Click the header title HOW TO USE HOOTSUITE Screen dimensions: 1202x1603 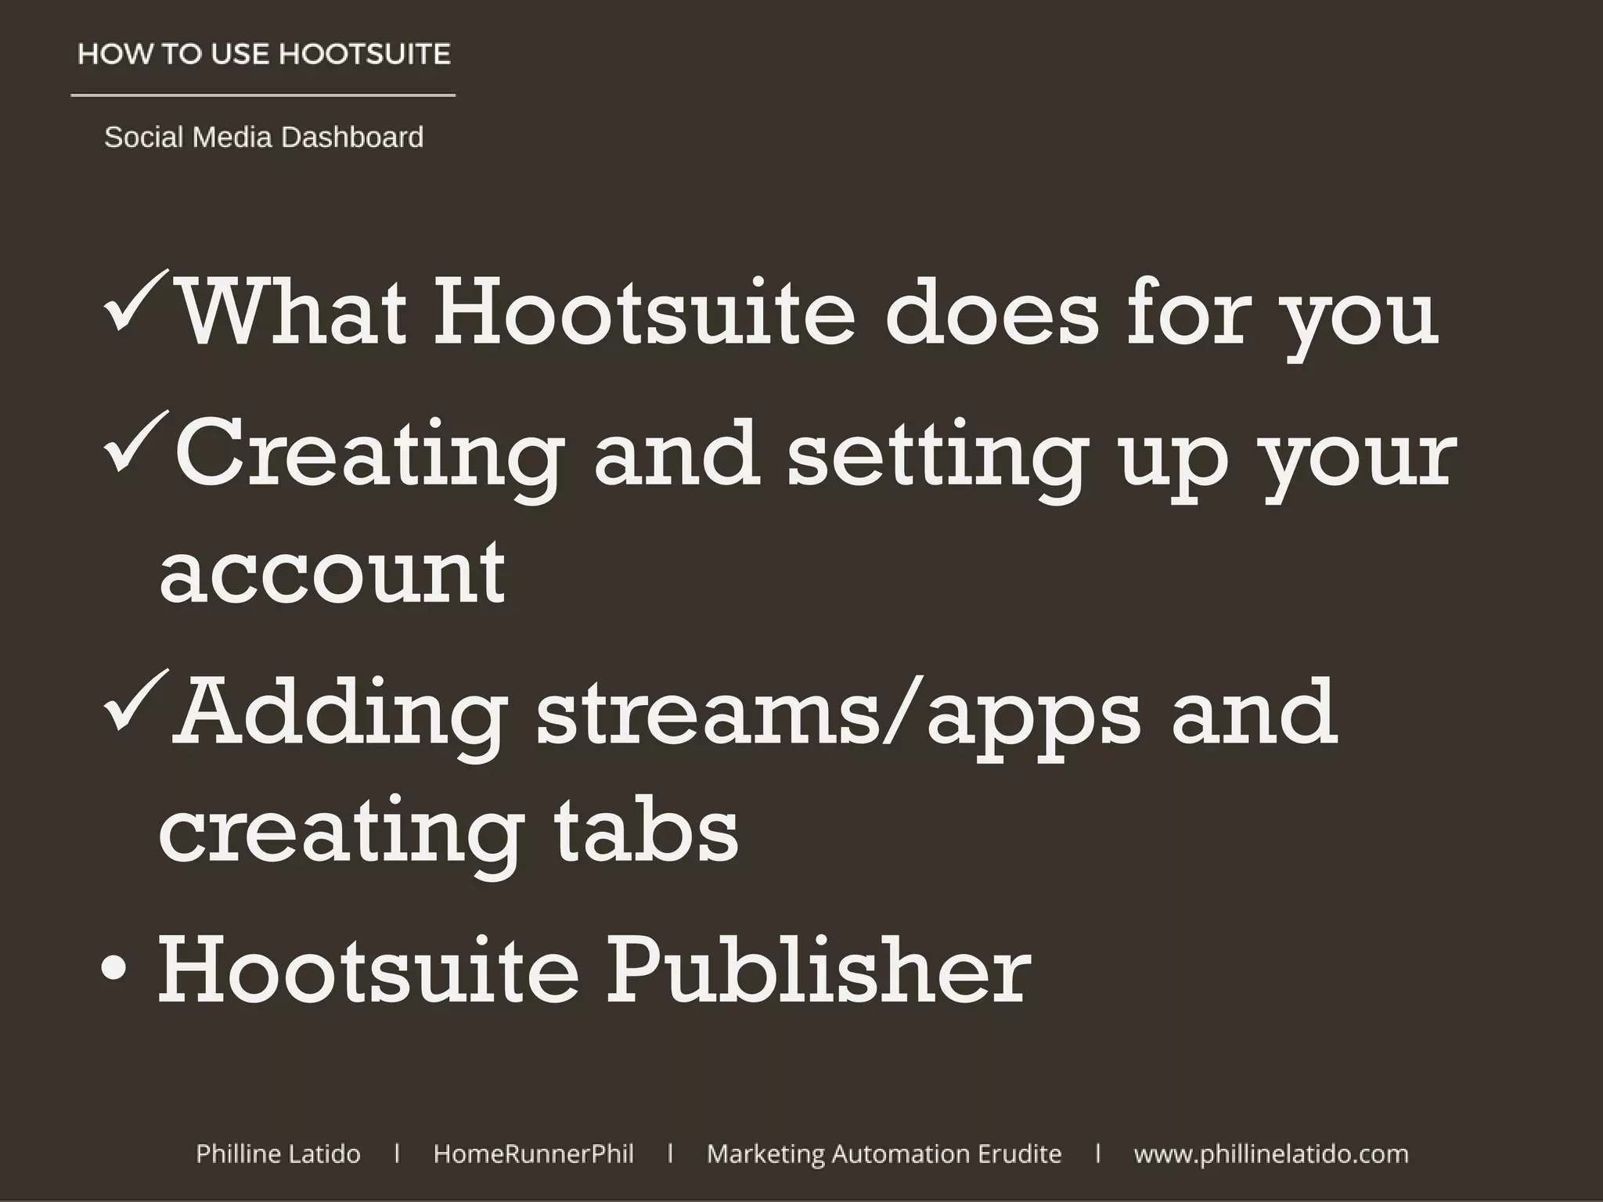tap(265, 55)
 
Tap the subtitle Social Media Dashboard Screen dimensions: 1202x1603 tap(264, 138)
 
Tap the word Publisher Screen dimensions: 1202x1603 tap(819, 970)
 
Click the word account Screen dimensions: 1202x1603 tap(332, 573)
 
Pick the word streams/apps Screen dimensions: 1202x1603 tap(838, 714)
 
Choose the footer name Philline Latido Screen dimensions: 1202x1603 tap(278, 1153)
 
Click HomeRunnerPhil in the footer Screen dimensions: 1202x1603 tap(533, 1153)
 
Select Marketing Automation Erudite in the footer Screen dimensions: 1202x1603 tap(884, 1153)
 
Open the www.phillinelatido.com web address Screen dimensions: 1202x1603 tap(1270, 1153)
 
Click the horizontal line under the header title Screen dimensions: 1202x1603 tap(263, 95)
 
